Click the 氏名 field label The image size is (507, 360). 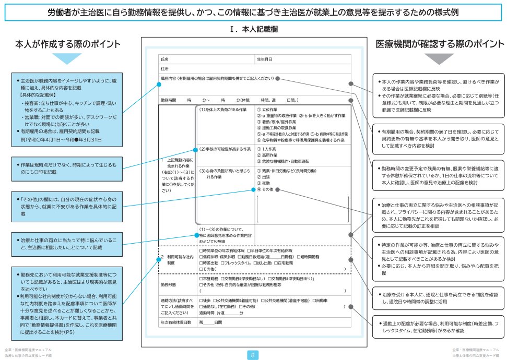[164, 59]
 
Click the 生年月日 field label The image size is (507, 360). [264, 59]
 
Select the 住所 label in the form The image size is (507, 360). [164, 68]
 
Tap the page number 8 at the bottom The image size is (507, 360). [253, 355]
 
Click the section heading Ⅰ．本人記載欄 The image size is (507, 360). [253, 30]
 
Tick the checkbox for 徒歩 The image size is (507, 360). [201, 301]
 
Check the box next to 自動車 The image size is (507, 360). [314, 301]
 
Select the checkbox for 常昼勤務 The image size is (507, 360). [201, 279]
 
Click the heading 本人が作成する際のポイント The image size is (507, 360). [67, 44]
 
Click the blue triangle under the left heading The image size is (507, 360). [67, 59]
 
